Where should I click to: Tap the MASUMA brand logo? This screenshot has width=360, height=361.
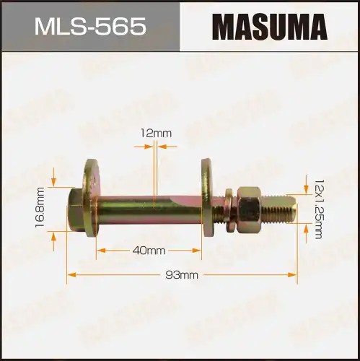coord(269,27)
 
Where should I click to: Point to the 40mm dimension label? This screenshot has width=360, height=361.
coord(149,251)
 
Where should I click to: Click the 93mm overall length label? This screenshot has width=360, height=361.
coord(183,274)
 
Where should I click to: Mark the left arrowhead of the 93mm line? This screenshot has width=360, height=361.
coord(71,274)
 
